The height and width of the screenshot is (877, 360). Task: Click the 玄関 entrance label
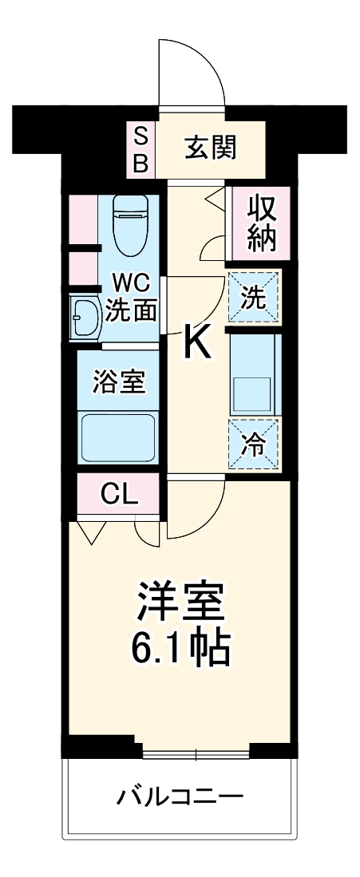coord(211,148)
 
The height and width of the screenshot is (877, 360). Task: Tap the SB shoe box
coord(140,148)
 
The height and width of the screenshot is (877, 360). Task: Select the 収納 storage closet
coord(260,223)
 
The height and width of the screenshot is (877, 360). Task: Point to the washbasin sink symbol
coord(83,318)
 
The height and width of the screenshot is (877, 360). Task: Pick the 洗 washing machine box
coord(254,298)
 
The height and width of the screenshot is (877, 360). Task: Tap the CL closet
coord(120,496)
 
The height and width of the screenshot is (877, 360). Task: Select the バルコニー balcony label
coord(180,796)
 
